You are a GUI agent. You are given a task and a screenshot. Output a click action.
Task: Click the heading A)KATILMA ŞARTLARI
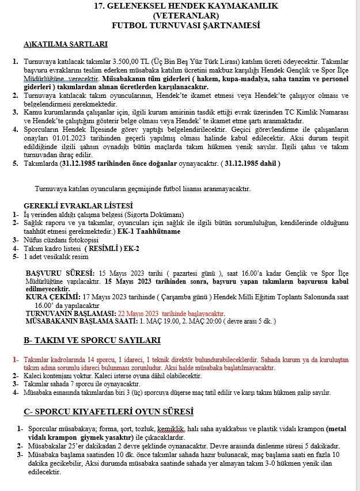65,44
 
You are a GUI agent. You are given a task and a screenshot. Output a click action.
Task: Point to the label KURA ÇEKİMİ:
55,297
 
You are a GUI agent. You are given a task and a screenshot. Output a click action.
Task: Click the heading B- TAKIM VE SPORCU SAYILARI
92,341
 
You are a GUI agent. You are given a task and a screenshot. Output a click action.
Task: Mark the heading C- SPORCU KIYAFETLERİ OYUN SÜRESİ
108,412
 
